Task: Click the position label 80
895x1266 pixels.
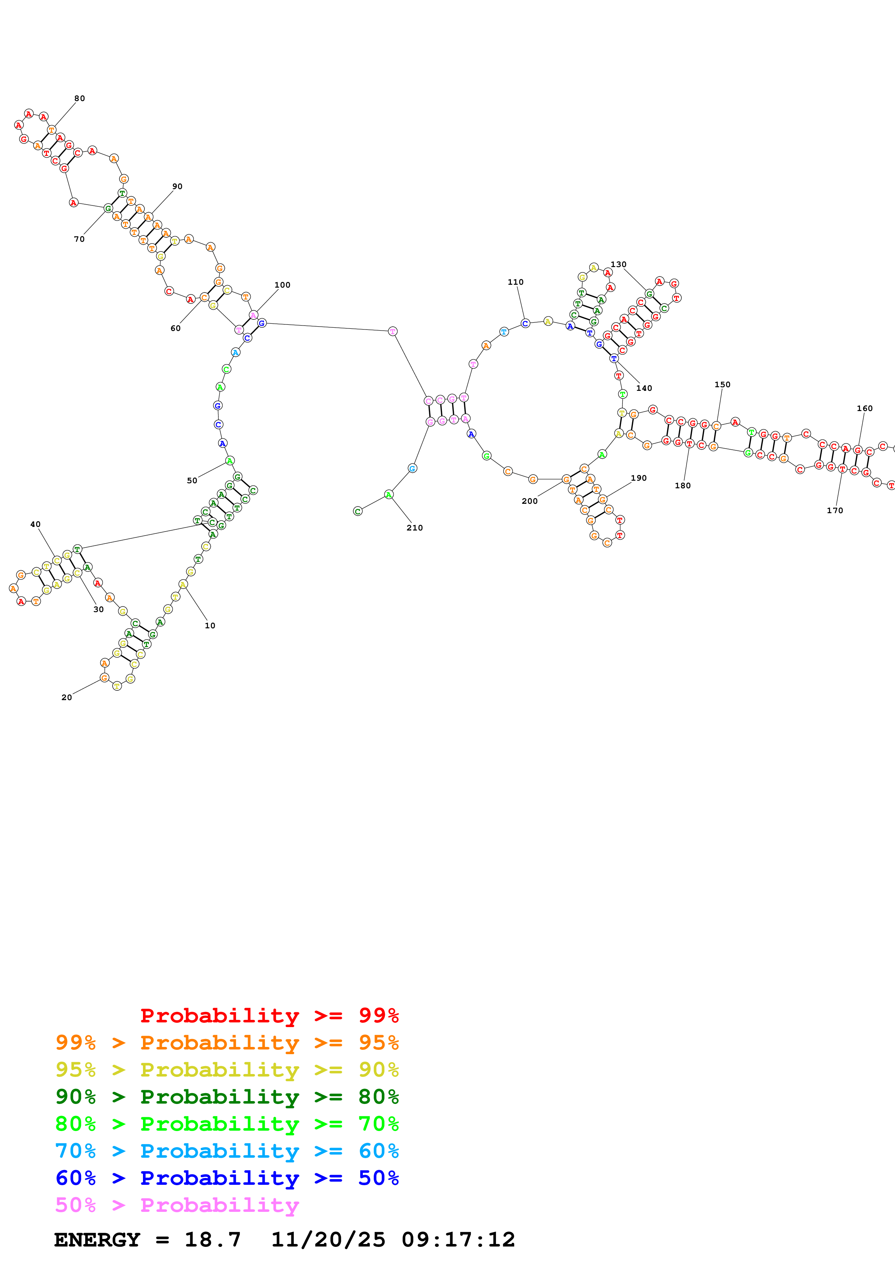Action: coord(79,99)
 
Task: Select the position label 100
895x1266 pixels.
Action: coord(282,285)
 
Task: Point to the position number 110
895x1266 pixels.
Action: coord(515,282)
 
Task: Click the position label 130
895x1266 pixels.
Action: coord(618,265)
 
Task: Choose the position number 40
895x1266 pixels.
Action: coord(35,524)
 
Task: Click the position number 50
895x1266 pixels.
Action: coord(192,481)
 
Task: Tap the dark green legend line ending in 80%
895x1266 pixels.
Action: coord(227,1097)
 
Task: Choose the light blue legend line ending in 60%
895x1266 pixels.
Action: coord(227,1151)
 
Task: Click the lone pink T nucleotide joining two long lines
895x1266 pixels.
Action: coord(392,331)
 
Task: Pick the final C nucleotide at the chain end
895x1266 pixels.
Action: coord(357,511)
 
